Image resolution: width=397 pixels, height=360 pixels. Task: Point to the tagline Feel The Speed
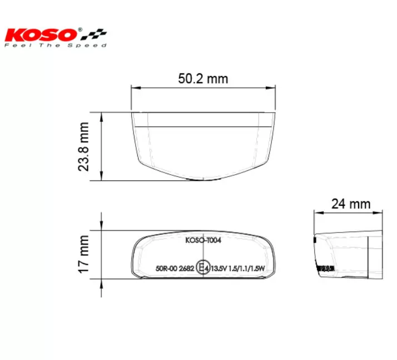click(55, 45)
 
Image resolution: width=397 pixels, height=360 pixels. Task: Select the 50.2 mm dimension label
click(203, 78)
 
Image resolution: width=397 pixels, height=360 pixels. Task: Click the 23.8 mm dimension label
click(84, 147)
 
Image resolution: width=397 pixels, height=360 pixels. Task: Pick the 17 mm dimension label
click(84, 254)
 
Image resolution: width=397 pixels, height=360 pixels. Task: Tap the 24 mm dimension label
click(350, 204)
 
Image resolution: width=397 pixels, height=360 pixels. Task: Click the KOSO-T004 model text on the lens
click(203, 241)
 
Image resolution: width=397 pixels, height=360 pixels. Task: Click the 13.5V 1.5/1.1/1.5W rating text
click(238, 269)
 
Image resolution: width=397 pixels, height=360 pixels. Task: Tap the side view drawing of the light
click(349, 253)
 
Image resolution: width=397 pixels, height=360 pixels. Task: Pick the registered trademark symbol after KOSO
click(81, 28)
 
